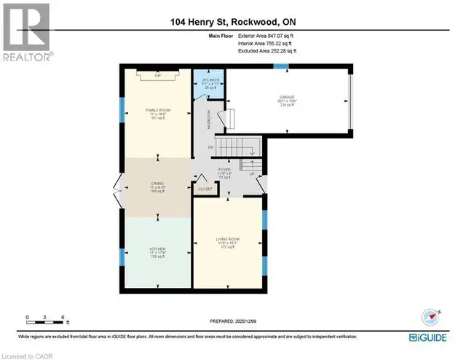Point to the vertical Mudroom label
(209, 118)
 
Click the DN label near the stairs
(211, 147)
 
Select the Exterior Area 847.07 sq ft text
(267, 35)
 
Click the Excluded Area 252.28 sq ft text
(267, 51)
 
